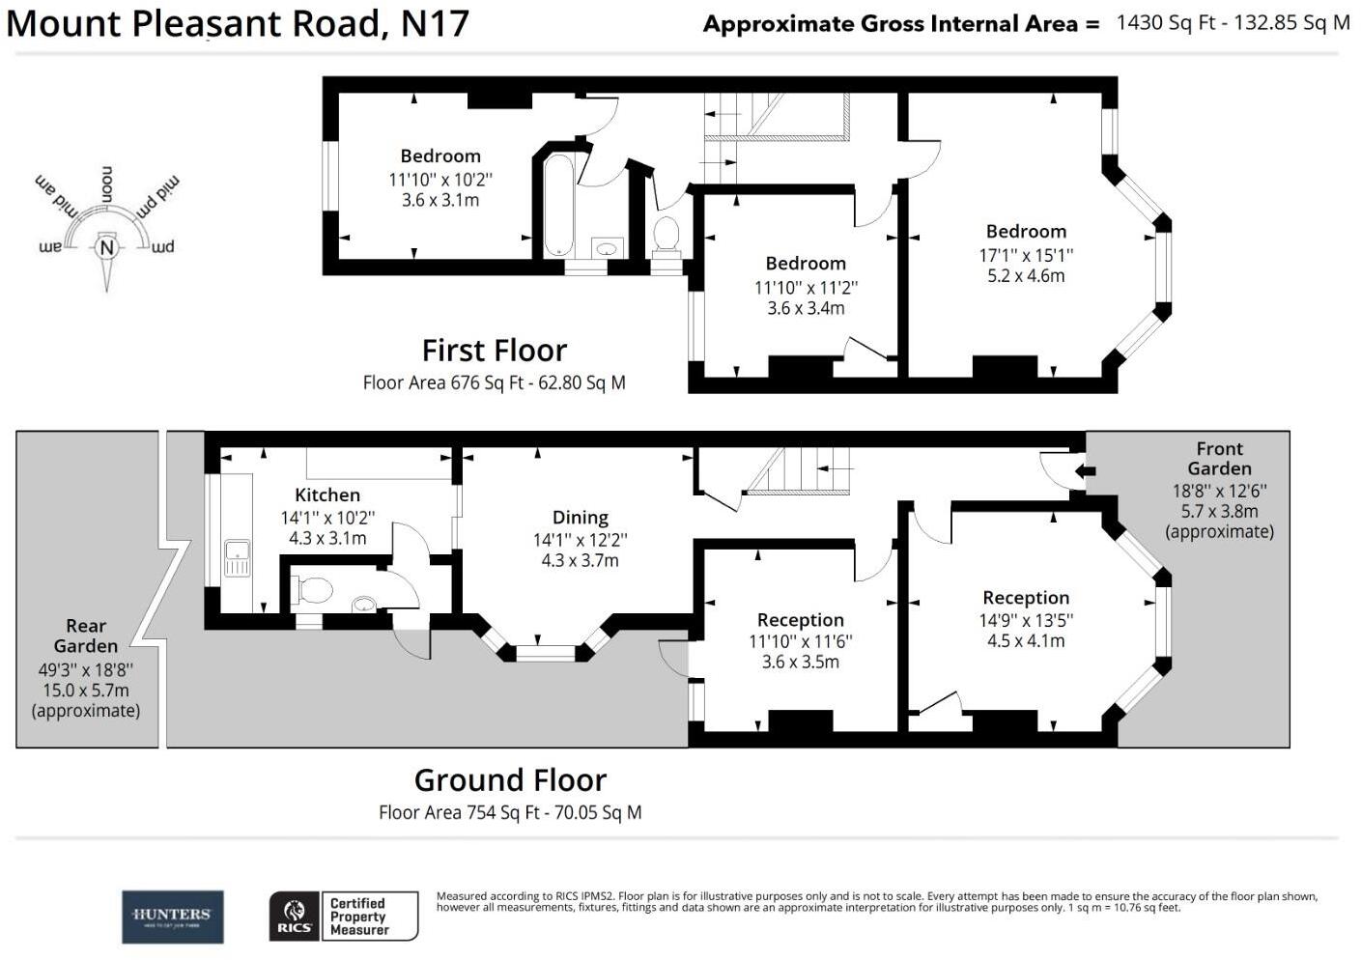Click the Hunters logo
[172, 916]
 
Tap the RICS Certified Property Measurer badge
[343, 916]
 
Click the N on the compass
[107, 248]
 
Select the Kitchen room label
[327, 494]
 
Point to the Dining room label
[580, 517]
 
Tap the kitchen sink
[237, 557]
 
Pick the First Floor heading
[494, 350]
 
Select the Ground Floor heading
[510, 779]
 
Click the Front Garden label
[1219, 458]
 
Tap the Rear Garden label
[86, 635]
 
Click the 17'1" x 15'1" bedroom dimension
[1026, 255]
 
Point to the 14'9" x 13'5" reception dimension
[1026, 620]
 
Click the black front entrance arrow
[1086, 471]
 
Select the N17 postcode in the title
[435, 23]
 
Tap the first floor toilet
[666, 235]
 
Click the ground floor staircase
[797, 470]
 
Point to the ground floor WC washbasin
[363, 605]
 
